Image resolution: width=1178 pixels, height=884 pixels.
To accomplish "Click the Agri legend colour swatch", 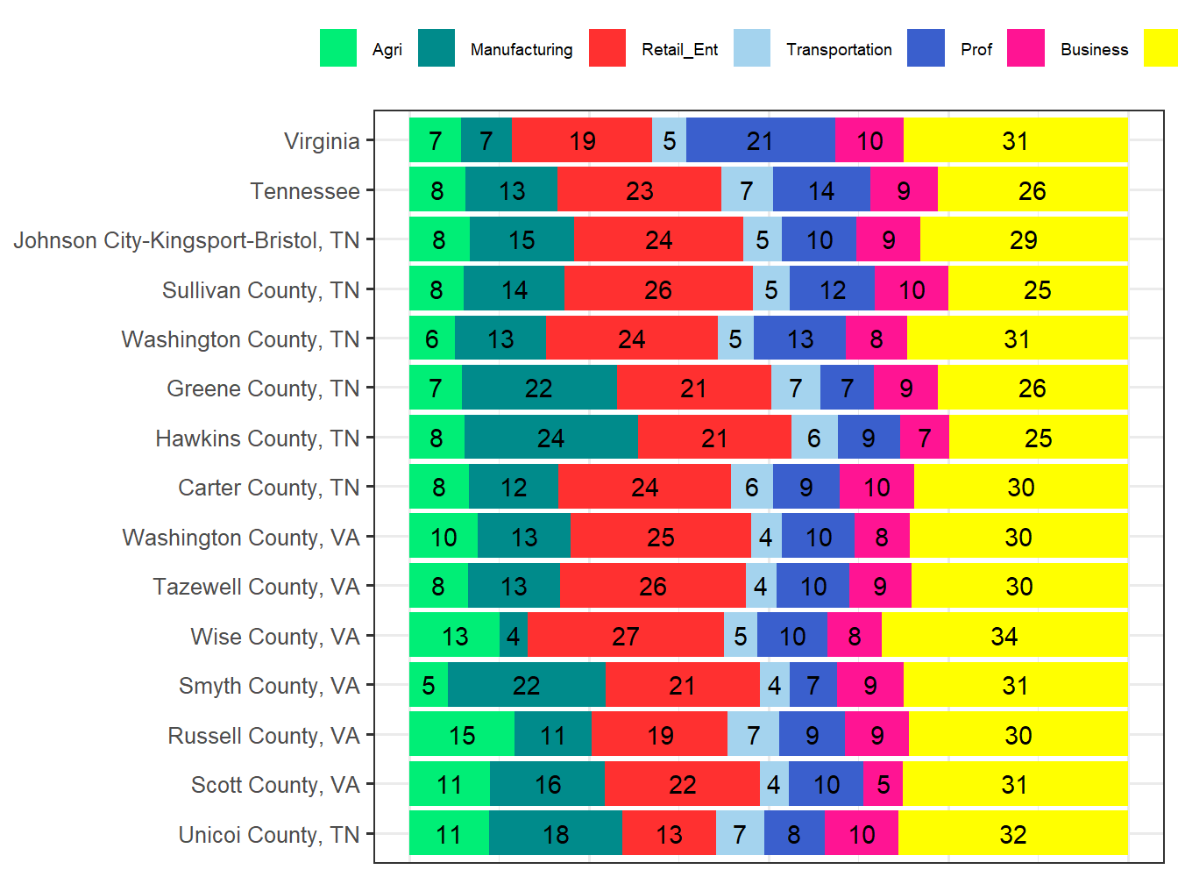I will pos(338,48).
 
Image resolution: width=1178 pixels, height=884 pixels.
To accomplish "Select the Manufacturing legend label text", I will pos(522,50).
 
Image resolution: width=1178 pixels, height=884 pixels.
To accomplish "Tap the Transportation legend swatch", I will pos(752,48).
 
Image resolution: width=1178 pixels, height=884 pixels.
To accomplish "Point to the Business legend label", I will pos(1094,50).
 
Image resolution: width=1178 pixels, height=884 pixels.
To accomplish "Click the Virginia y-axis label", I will pos(322,141).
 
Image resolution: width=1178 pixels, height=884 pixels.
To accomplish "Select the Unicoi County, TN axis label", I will pos(269,835).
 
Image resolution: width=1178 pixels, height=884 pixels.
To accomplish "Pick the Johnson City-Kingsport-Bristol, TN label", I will pos(186,240).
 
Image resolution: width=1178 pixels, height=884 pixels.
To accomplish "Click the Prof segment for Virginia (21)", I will pos(760,140).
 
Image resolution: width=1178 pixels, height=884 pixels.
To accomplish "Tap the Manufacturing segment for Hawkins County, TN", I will pos(550,438).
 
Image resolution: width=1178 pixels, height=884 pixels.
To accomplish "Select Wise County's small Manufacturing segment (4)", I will pos(513,636).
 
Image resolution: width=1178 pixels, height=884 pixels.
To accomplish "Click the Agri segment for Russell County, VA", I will pos(462,735).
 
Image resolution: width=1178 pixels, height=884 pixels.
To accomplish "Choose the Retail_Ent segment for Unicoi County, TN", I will pos(669,834).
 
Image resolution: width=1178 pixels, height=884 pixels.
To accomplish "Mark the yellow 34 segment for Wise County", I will pos(1004,636).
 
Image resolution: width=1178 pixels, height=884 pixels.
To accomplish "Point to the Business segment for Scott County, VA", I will pos(883,784).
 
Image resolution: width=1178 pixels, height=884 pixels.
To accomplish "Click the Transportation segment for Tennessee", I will pos(747,190).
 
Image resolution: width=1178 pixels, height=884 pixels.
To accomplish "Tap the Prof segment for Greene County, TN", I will pos(847,389).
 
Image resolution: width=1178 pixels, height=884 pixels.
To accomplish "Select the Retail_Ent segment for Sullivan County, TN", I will pos(658,289).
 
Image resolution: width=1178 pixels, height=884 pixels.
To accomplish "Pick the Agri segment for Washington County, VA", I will pos(444,537).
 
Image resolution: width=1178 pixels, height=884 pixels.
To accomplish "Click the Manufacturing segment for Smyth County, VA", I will pos(526,685).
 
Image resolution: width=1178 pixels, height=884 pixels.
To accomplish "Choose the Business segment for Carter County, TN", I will pos(876,488).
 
